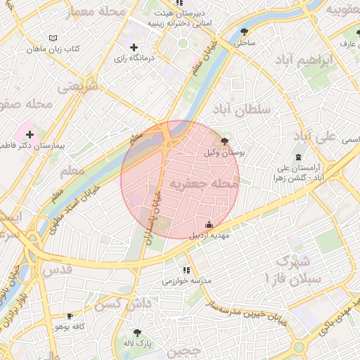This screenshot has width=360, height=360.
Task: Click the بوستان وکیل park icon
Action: [224, 141]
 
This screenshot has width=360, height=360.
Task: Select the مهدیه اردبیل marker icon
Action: [209, 225]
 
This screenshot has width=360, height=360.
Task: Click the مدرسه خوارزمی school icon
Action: [186, 270]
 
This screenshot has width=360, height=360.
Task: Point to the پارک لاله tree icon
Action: [137, 333]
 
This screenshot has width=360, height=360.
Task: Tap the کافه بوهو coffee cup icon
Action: [70, 316]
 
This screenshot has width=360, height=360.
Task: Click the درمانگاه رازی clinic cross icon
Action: [134, 47]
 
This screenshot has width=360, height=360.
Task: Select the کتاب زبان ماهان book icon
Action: [55, 38]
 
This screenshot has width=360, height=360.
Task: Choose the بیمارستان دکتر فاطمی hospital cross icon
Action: [30, 134]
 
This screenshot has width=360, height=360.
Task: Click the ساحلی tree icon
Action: [244, 32]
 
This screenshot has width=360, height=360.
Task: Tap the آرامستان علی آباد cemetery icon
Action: [300, 156]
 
